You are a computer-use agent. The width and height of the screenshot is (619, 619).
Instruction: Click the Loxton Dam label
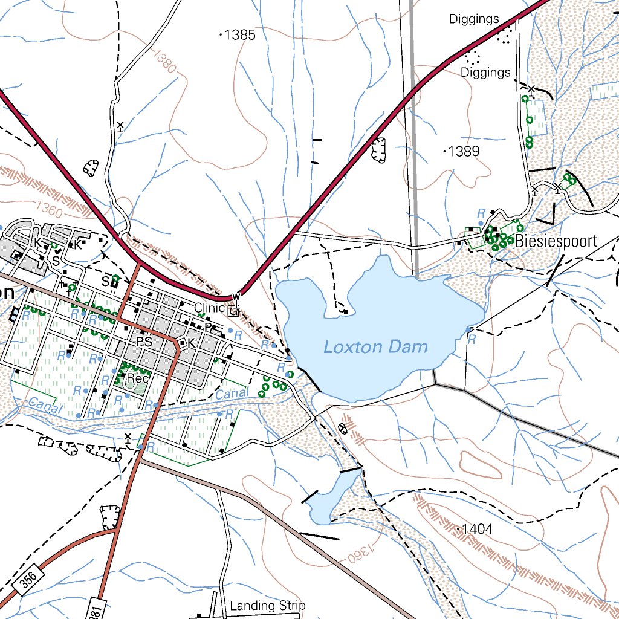click(x=375, y=347)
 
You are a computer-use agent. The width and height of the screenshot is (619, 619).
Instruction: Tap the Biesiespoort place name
click(x=556, y=241)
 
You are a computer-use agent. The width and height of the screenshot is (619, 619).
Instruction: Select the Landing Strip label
click(x=267, y=605)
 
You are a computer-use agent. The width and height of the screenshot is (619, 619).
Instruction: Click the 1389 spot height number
click(x=464, y=151)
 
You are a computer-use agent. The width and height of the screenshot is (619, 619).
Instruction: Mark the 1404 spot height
click(x=476, y=530)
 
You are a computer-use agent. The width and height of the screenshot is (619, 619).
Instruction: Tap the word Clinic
click(x=209, y=308)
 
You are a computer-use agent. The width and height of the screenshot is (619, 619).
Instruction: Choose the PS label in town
click(x=144, y=342)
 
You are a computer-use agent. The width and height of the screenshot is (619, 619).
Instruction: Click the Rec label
click(x=137, y=378)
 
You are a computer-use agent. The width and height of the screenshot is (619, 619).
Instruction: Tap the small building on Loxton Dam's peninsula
click(x=345, y=312)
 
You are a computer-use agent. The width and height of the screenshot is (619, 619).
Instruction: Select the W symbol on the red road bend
click(x=236, y=296)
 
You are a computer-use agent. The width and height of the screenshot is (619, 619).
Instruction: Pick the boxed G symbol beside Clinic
click(x=233, y=312)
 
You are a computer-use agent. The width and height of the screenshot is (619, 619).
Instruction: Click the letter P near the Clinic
click(x=207, y=327)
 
